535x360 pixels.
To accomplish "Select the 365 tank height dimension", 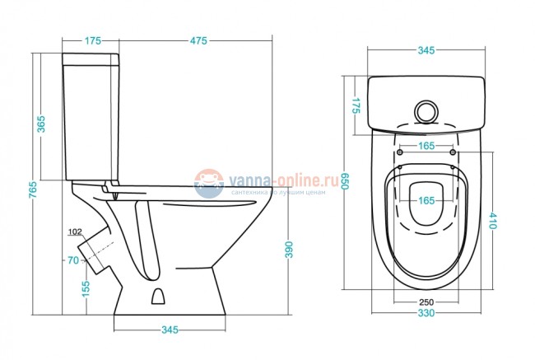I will tap(40, 124).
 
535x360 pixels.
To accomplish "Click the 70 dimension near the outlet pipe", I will tap(72, 260).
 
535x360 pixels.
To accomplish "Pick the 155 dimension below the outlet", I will tap(86, 288).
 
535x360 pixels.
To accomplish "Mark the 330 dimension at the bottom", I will tap(425, 315).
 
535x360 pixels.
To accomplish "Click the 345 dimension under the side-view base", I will tap(169, 330).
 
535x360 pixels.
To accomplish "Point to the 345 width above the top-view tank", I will tap(425, 51).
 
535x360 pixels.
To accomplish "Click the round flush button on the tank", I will tap(427, 110).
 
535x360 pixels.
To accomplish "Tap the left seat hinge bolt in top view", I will tap(400, 153).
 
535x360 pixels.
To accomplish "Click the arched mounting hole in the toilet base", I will tap(161, 297).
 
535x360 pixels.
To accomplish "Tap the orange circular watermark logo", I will tap(211, 183).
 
